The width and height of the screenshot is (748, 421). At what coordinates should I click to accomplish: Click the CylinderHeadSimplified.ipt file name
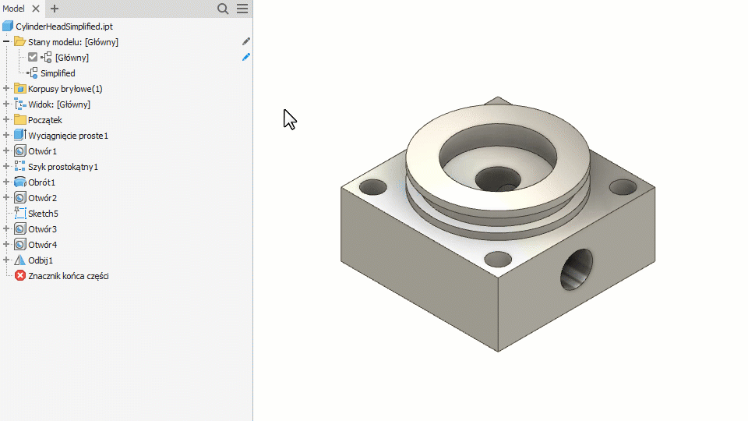tap(65, 27)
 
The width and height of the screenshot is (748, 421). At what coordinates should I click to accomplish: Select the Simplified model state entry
tap(58, 73)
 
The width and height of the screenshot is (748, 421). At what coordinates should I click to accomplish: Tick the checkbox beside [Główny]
tap(33, 57)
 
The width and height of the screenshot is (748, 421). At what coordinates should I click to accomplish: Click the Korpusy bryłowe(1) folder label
tap(65, 89)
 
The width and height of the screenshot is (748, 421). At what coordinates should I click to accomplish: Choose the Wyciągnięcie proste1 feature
tap(69, 136)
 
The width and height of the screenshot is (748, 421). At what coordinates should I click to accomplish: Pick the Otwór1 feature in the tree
tap(42, 151)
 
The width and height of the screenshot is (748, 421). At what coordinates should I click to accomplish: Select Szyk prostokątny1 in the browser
tap(63, 167)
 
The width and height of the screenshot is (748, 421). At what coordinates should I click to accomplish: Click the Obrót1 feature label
tap(41, 182)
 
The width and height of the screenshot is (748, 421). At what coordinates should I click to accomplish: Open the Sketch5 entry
tap(43, 214)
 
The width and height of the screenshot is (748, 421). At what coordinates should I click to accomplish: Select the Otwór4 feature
tap(42, 245)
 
